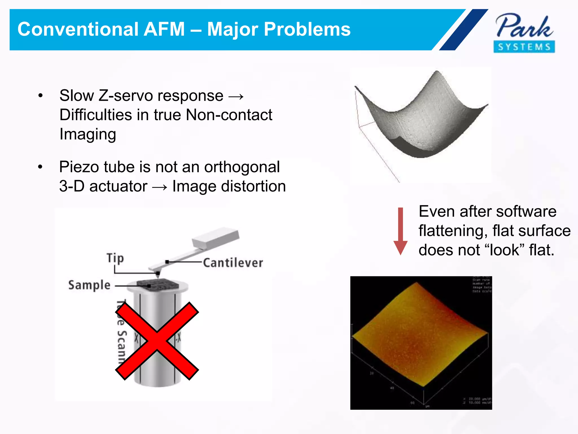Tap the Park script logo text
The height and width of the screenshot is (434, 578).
click(524, 27)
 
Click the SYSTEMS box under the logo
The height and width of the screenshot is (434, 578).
click(524, 47)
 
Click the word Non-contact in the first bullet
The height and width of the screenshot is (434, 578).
click(229, 115)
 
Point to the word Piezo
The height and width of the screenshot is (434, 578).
click(79, 167)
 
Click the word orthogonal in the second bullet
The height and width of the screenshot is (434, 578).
click(242, 167)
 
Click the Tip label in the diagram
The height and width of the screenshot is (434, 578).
click(115, 258)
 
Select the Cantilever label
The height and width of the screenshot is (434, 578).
click(233, 263)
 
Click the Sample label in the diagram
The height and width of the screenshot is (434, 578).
click(89, 285)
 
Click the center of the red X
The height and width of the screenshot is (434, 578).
click(157, 341)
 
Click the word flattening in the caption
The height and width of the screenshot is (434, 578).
click(453, 231)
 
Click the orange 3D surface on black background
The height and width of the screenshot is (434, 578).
click(421, 336)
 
